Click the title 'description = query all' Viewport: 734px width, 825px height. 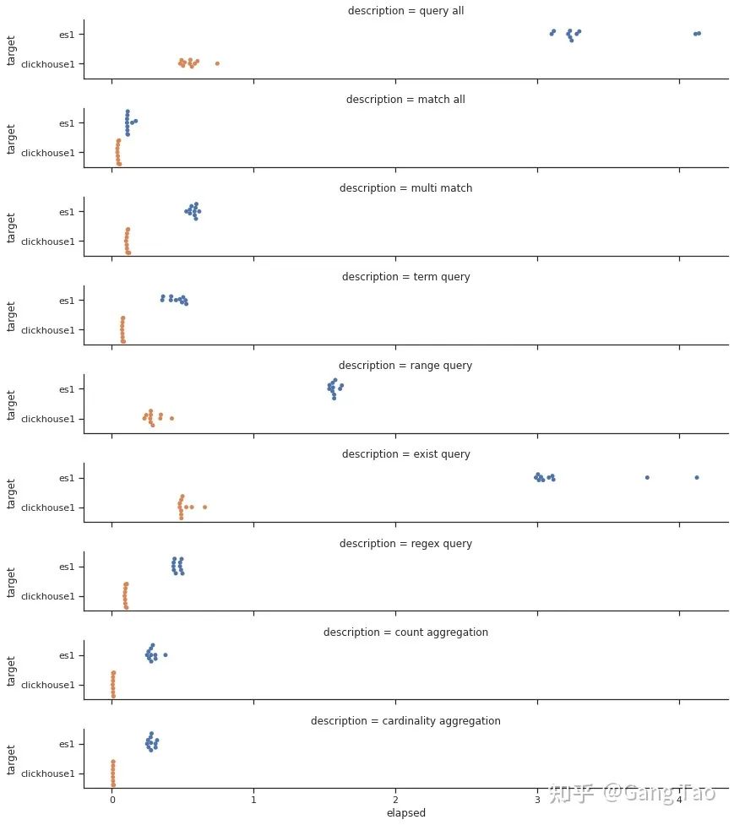(405, 11)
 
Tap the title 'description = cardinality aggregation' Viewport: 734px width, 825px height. (405, 721)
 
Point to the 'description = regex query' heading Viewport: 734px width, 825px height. (405, 544)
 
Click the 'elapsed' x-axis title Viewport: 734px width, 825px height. (405, 813)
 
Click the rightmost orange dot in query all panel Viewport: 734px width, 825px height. (217, 63)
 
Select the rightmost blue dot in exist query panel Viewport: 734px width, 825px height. (697, 477)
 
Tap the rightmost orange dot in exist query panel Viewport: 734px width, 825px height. (204, 507)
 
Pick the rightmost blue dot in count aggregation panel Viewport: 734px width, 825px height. (165, 654)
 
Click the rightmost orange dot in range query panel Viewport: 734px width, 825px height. (171, 418)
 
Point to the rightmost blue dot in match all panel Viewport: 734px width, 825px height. (136, 121)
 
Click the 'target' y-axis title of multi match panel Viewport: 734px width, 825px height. (12, 226)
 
